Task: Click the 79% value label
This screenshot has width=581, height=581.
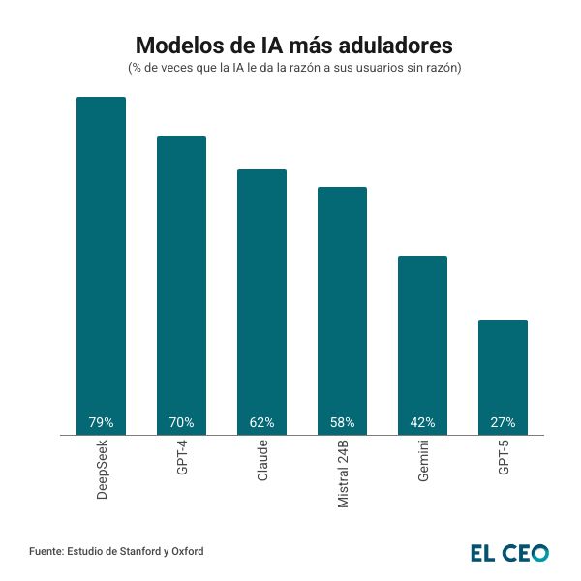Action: [102, 423]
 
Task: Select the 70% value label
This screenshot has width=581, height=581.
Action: [182, 423]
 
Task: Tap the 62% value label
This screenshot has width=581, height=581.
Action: [262, 423]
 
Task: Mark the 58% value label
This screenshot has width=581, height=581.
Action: [343, 423]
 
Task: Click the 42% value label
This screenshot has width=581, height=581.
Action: [423, 423]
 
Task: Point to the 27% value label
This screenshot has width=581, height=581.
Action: [504, 423]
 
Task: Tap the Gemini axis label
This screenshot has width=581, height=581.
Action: [423, 465]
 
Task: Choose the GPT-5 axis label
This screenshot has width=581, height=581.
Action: [504, 462]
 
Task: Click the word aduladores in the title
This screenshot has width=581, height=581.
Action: [386, 46]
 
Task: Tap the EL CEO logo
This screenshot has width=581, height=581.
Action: [509, 553]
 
